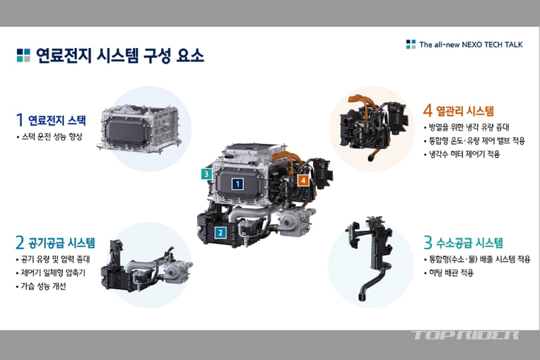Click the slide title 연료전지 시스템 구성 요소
pos(120,55)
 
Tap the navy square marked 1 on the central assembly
pos(238,184)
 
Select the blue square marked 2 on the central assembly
pos(221,233)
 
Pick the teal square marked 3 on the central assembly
pos(207,174)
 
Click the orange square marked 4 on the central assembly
pos(303,180)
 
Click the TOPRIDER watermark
pos(465,335)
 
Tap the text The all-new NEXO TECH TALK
pos(470,45)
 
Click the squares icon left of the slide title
pos(24,55)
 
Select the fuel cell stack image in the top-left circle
pos(140,129)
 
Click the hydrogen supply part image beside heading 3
pos(369,257)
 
